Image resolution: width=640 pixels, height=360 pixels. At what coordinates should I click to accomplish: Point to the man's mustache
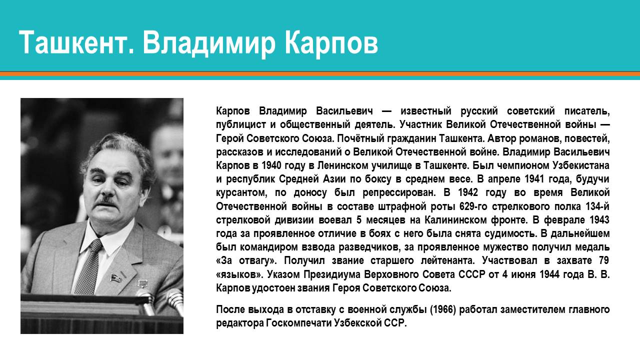click(106, 200)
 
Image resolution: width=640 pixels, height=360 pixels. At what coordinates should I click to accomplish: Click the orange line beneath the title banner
click(320, 74)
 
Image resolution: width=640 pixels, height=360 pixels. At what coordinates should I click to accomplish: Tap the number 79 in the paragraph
click(603, 260)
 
